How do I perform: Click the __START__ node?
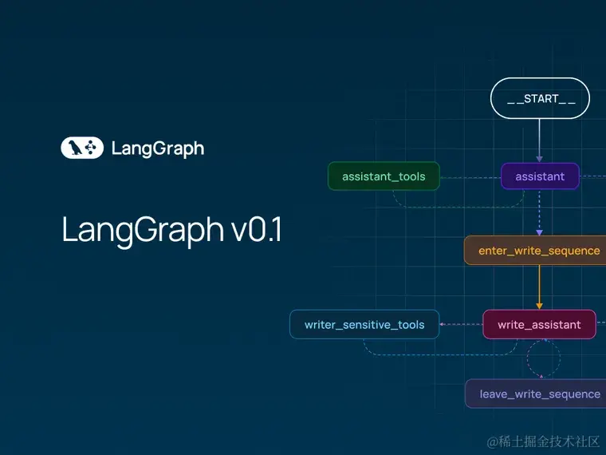tap(540, 99)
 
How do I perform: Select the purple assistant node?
tap(540, 176)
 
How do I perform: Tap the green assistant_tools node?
tap(384, 176)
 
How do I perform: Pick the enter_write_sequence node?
tap(537, 251)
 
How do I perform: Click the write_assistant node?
tap(539, 324)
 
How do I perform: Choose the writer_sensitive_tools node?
tap(364, 324)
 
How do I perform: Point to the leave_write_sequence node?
tap(538, 394)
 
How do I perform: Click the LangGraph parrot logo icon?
tap(82, 148)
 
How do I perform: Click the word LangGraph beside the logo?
tap(157, 148)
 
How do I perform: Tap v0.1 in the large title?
tap(256, 230)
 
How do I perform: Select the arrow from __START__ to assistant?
tap(540, 140)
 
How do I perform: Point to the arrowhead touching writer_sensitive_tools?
tap(443, 324)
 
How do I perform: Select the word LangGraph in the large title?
tap(143, 230)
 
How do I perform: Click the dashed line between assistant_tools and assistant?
tap(470, 176)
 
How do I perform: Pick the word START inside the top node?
tap(541, 99)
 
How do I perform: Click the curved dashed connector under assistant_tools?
tap(447, 206)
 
